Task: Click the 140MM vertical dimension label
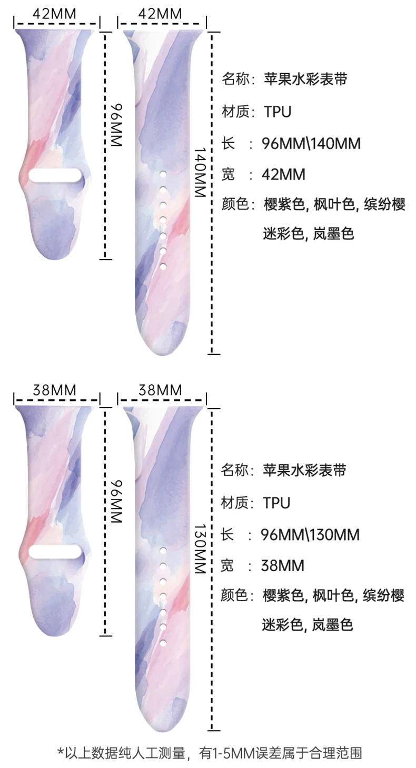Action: tap(199, 172)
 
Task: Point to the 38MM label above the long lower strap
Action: tap(160, 390)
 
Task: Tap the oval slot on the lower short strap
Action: tap(55, 552)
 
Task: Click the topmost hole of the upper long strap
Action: tap(162, 173)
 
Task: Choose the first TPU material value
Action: tap(278, 112)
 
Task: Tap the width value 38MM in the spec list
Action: tap(283, 566)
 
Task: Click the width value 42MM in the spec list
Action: tap(283, 174)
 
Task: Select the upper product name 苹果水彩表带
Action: tap(305, 79)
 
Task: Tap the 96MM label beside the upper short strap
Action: tap(115, 125)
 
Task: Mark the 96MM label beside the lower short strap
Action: tap(115, 502)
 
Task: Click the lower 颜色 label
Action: tap(234, 596)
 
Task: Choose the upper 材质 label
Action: tap(234, 112)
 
